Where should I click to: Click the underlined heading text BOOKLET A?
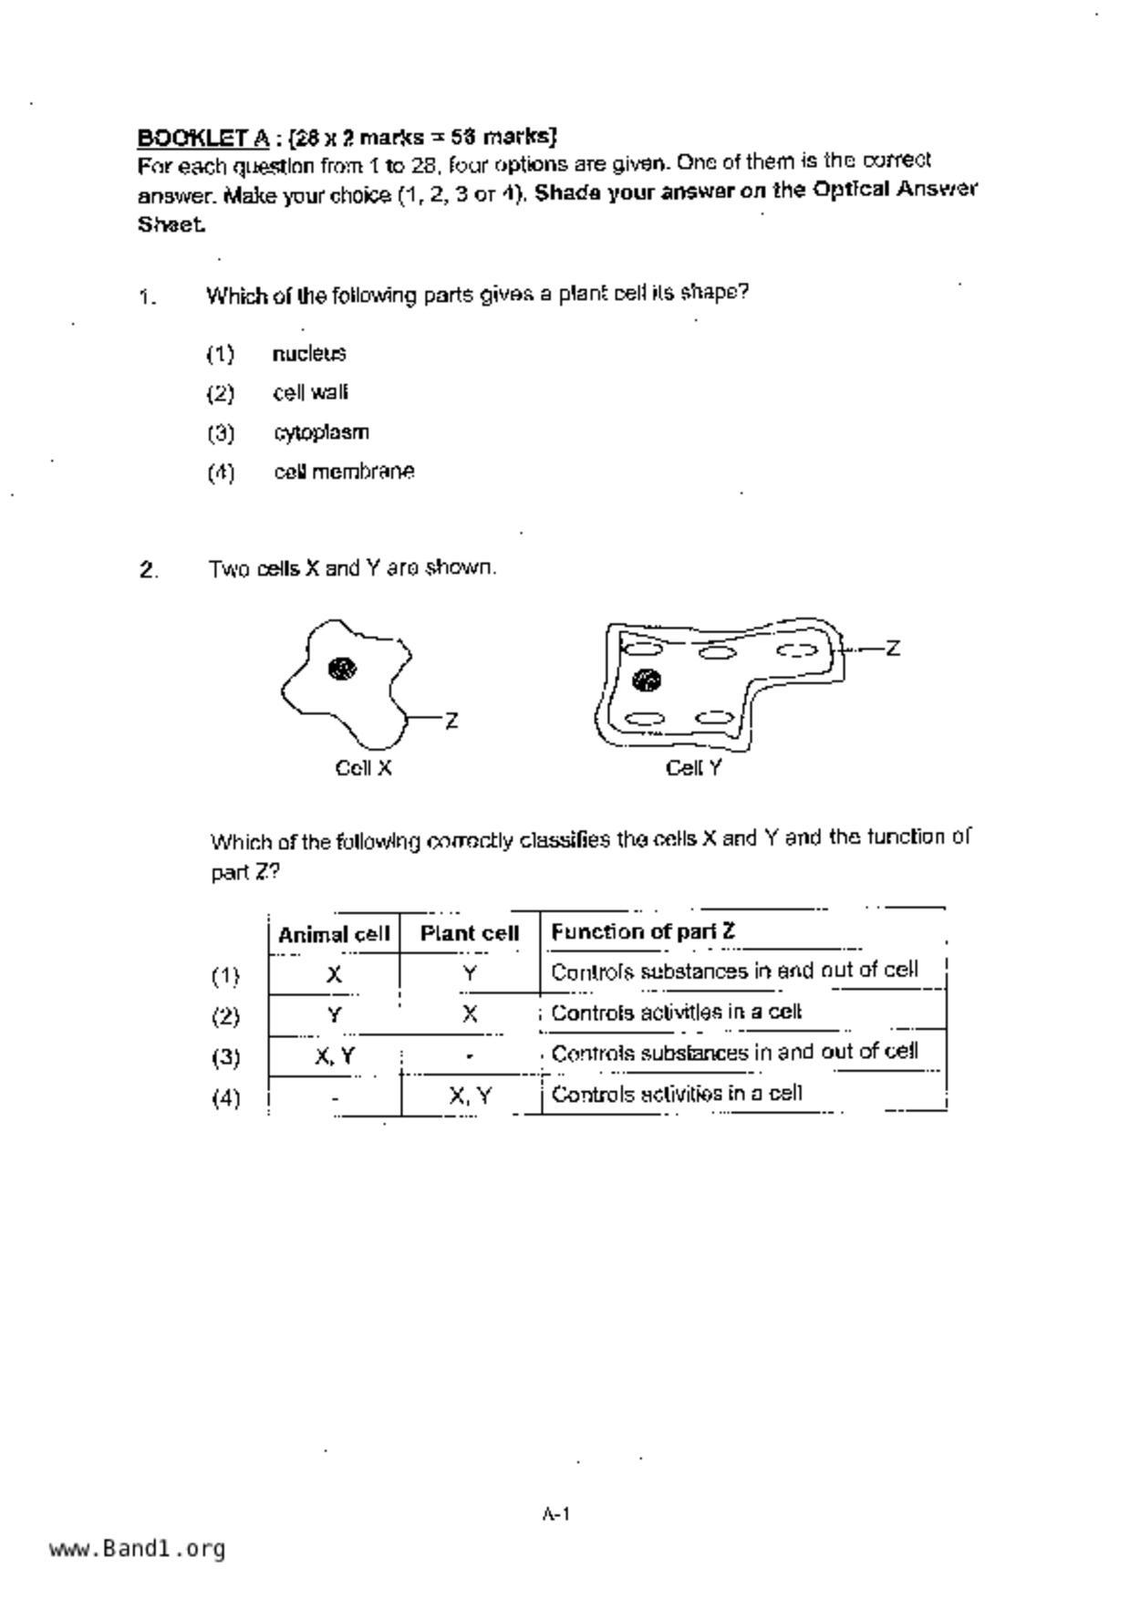(x=202, y=138)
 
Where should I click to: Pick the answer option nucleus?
(x=309, y=354)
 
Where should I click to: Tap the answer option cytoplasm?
(x=321, y=432)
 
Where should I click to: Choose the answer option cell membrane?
(x=344, y=473)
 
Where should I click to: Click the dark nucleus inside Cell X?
(x=342, y=669)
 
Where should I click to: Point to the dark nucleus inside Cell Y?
(x=646, y=681)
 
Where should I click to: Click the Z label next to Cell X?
(x=451, y=722)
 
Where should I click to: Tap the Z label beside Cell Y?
(x=893, y=649)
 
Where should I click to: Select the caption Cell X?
(x=363, y=768)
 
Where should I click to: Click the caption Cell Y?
(x=693, y=768)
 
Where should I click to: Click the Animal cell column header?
(x=334, y=934)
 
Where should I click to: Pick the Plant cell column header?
(x=469, y=934)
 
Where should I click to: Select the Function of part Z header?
(x=642, y=931)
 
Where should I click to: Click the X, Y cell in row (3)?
(x=335, y=1056)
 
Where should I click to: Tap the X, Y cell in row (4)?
(x=470, y=1096)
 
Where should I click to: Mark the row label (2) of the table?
(x=225, y=1016)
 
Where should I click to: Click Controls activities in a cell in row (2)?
(x=676, y=1013)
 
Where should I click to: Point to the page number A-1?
(x=555, y=1515)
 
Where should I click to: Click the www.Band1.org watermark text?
(x=137, y=1549)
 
